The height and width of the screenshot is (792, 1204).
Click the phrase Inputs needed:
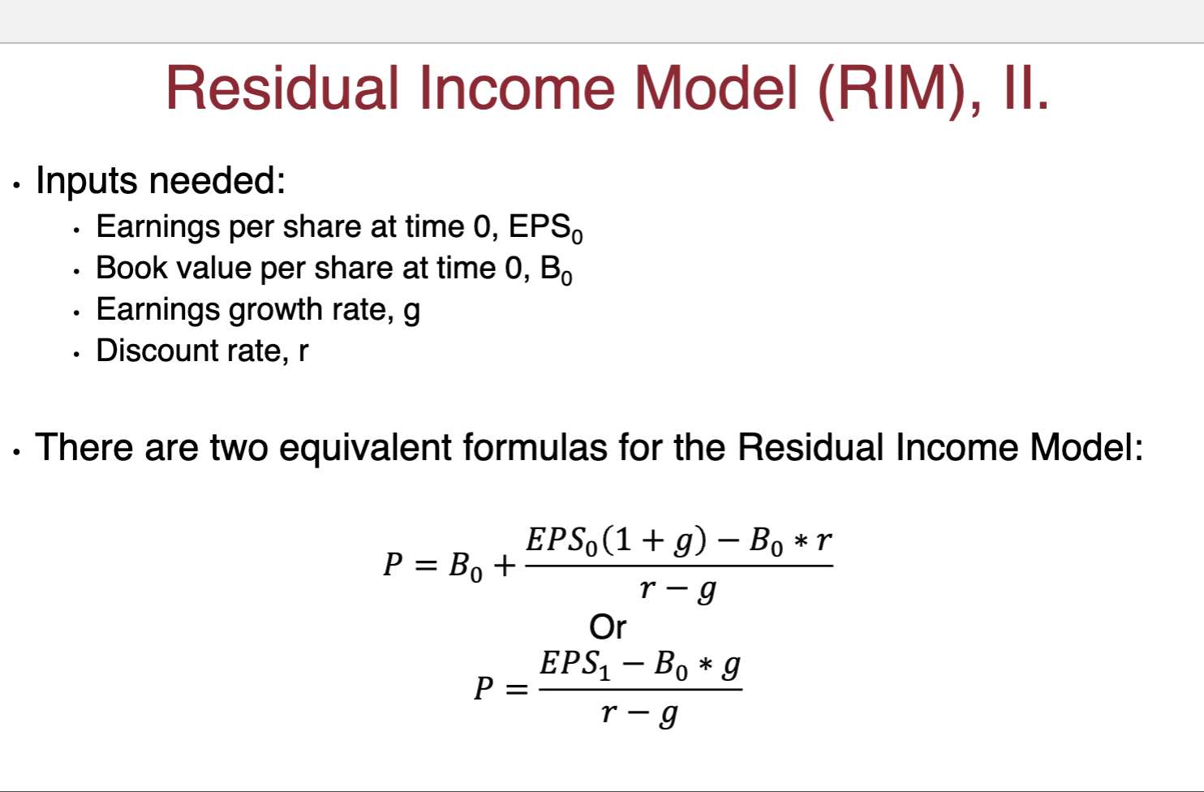[x=161, y=180]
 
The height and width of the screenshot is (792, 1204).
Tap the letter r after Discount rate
[x=303, y=351]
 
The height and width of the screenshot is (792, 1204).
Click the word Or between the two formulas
[x=608, y=627]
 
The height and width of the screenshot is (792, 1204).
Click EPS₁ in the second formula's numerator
[x=575, y=665]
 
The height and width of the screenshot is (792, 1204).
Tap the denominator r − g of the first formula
[x=677, y=589]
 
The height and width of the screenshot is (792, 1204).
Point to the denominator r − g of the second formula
[x=639, y=713]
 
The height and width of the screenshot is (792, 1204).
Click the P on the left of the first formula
[x=393, y=564]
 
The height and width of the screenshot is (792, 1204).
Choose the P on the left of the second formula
[x=484, y=688]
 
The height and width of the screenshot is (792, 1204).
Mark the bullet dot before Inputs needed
[x=16, y=185]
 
